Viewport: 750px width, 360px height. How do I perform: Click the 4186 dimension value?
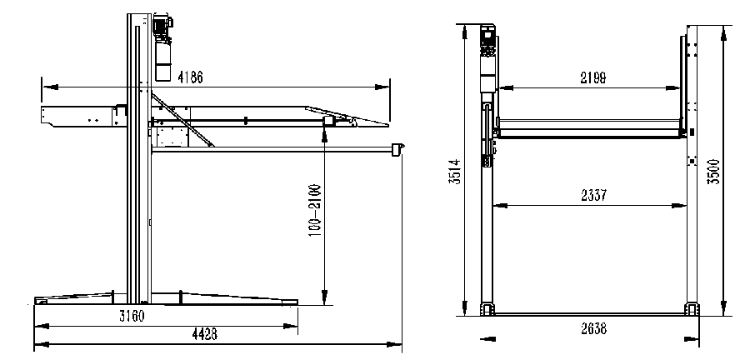[x=190, y=77]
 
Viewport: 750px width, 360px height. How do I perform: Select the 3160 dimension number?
[x=132, y=316]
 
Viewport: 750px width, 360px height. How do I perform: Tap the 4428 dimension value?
[x=205, y=335]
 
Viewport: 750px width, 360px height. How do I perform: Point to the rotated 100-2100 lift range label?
[x=315, y=212]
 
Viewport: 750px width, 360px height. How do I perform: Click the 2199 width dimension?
[x=593, y=78]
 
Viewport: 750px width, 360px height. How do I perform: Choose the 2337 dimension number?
[x=594, y=196]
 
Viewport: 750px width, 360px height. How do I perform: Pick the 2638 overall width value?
[x=593, y=329]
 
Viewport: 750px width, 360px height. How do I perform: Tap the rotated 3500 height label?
[x=713, y=172]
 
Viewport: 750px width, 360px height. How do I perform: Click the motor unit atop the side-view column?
[x=162, y=28]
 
